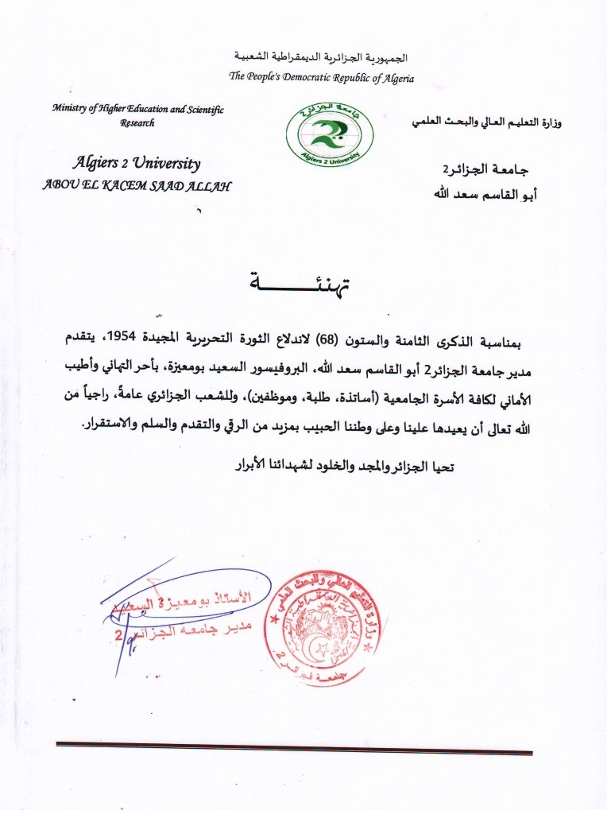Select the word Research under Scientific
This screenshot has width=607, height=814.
tap(137, 123)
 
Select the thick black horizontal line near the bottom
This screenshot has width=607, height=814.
tap(294, 747)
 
